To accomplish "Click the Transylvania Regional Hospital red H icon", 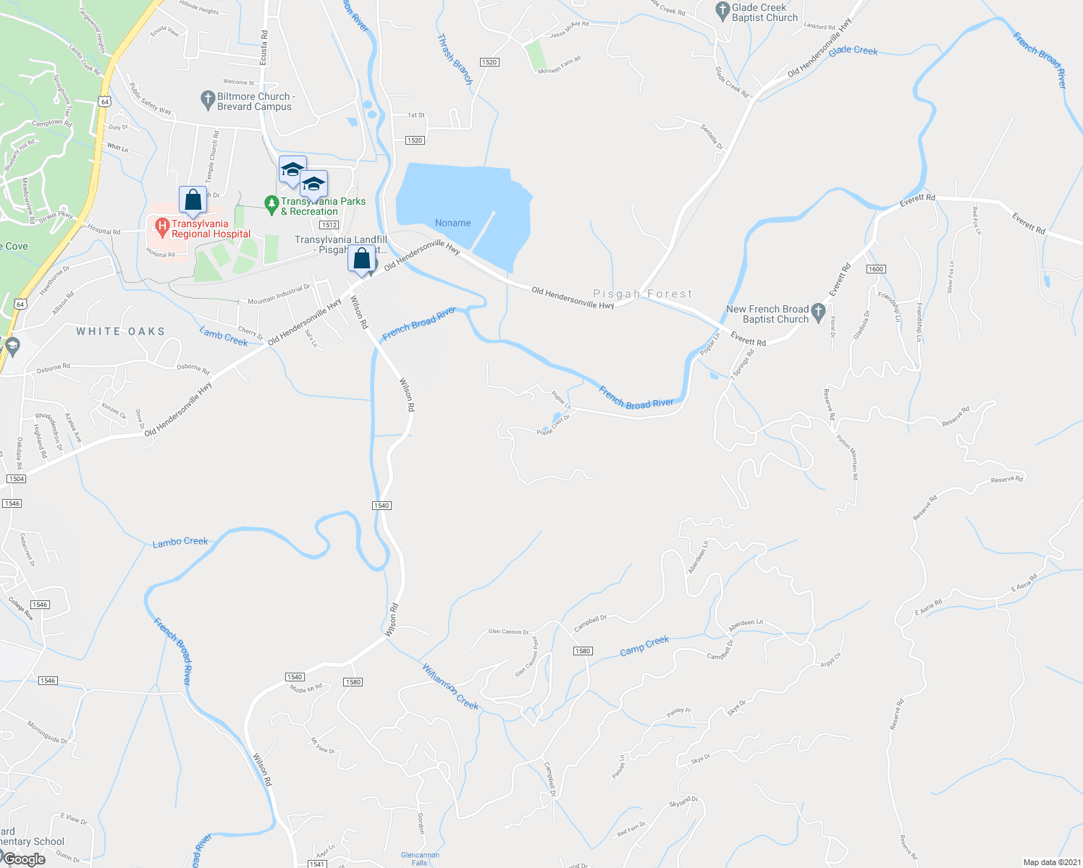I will point(162,229).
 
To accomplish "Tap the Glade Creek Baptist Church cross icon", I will point(722,11).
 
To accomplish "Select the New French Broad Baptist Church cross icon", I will point(819,312).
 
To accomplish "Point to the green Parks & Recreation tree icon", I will point(271,205).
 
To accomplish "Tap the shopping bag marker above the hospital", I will point(193,200).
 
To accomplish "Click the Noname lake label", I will point(452,223).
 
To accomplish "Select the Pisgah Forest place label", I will point(643,294).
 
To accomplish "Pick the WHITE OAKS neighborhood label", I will point(121,331).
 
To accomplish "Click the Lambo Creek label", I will point(180,542).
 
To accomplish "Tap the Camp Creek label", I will point(644,645).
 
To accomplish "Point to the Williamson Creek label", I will point(450,686).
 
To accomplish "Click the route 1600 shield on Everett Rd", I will point(875,269).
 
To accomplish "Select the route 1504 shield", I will point(16,479).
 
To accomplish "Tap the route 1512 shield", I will point(329,225).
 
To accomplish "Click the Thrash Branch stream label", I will point(455,60).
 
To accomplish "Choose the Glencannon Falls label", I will point(420,859).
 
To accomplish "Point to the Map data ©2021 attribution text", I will point(1051,862).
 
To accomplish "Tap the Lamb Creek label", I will point(224,336).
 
